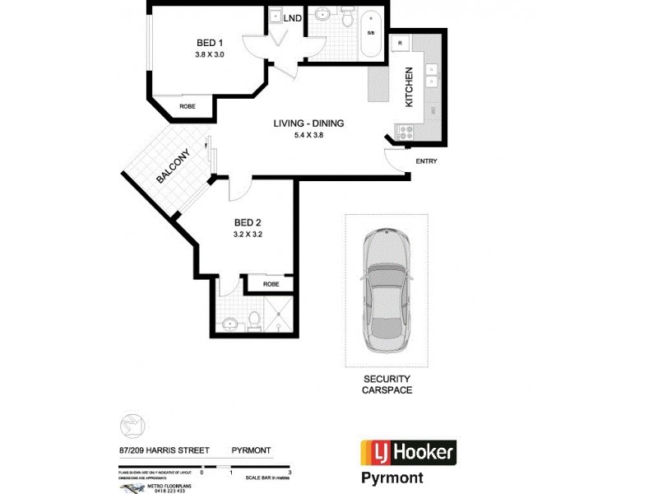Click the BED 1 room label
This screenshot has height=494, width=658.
[209, 43]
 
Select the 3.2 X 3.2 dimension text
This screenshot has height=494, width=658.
[248, 234]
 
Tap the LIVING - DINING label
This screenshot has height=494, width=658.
[308, 123]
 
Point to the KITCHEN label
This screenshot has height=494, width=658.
[408, 88]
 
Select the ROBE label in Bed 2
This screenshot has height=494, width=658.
[271, 284]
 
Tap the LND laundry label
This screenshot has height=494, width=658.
[292, 17]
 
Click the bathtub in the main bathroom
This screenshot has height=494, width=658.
[370, 33]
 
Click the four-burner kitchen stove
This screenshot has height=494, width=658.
[404, 131]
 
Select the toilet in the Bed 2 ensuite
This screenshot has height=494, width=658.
[255, 319]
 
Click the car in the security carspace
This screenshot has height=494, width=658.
[386, 288]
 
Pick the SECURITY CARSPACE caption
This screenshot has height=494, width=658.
[387, 384]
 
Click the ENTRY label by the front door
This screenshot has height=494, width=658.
[426, 161]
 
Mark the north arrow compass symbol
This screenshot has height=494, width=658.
[132, 426]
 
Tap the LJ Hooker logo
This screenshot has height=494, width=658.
[408, 452]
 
